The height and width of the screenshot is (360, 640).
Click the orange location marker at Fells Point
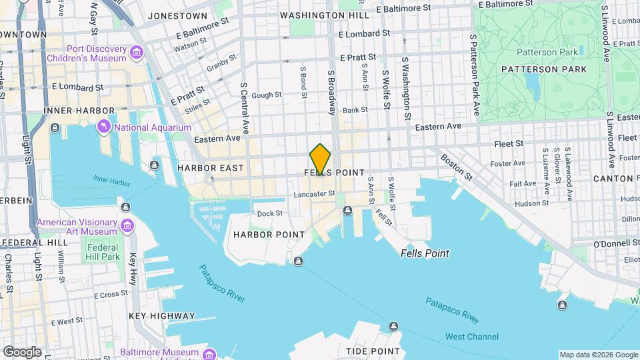(321, 159)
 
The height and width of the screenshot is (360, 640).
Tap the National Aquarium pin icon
(104, 127)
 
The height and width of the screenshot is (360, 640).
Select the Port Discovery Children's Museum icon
(137, 52)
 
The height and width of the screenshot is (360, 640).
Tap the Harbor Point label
(269, 235)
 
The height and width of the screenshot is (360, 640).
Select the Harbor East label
(211, 168)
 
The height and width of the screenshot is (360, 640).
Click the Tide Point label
(373, 351)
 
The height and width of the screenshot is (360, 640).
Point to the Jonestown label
(177, 15)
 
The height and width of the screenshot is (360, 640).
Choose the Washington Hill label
(325, 15)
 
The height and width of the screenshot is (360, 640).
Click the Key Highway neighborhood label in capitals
(162, 316)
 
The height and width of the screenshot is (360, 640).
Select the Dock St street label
(270, 213)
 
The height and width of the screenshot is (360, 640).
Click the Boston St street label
(457, 168)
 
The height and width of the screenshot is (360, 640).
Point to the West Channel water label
(471, 337)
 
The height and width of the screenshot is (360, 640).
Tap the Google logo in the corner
(21, 351)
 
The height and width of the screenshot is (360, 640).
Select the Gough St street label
(266, 95)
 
